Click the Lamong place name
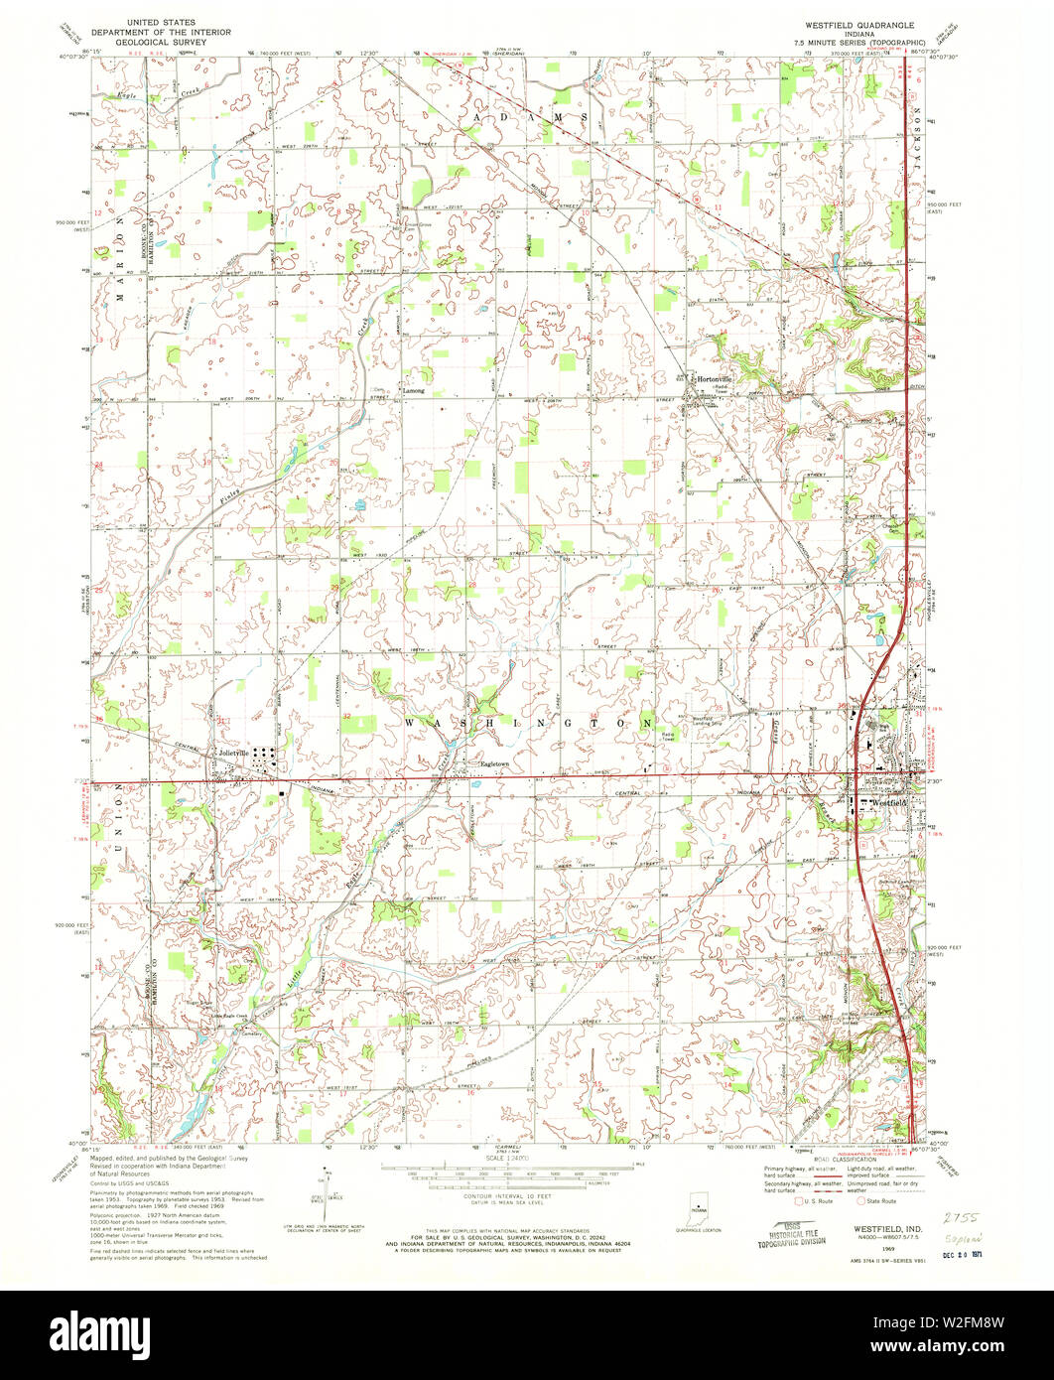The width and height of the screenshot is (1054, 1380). click(x=414, y=391)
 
